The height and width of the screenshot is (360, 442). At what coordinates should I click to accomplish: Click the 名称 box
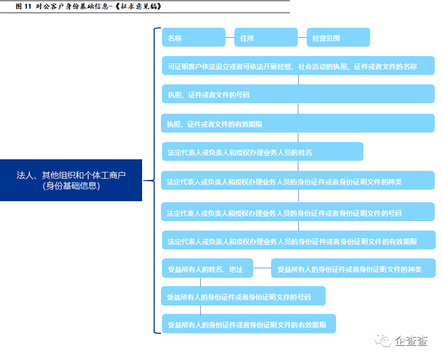(x=193, y=38)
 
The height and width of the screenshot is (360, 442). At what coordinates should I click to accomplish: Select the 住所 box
(x=265, y=38)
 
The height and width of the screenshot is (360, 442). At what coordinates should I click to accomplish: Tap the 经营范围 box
(x=338, y=38)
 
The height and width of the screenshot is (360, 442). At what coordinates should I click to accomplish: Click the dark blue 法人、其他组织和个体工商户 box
(x=71, y=180)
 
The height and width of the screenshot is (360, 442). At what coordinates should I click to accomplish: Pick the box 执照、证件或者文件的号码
(x=298, y=94)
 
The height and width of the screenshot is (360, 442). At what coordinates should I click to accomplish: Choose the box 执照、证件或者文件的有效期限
(x=298, y=124)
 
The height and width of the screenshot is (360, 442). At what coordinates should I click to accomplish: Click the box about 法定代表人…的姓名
(x=262, y=152)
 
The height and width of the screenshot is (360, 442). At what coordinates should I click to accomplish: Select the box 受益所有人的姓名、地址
(x=207, y=269)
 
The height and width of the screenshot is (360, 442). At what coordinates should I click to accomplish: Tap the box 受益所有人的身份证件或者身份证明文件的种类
(x=353, y=269)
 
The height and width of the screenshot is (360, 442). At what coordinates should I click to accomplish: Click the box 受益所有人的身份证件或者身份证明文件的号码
(x=243, y=296)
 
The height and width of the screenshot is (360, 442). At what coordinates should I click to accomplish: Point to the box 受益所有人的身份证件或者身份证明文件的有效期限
(x=249, y=324)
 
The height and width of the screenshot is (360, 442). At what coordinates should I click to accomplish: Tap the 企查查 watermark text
(x=412, y=341)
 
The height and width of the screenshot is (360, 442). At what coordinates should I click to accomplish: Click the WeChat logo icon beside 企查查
(x=383, y=341)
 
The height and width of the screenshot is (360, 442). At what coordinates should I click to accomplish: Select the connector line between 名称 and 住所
(x=230, y=38)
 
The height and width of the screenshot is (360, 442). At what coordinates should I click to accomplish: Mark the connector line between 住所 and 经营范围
(x=302, y=38)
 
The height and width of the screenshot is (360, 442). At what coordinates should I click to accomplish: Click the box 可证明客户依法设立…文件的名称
(x=298, y=66)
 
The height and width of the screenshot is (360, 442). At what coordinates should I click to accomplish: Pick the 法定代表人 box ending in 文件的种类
(x=298, y=181)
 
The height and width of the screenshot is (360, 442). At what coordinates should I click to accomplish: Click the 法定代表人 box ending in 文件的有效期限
(x=298, y=241)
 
